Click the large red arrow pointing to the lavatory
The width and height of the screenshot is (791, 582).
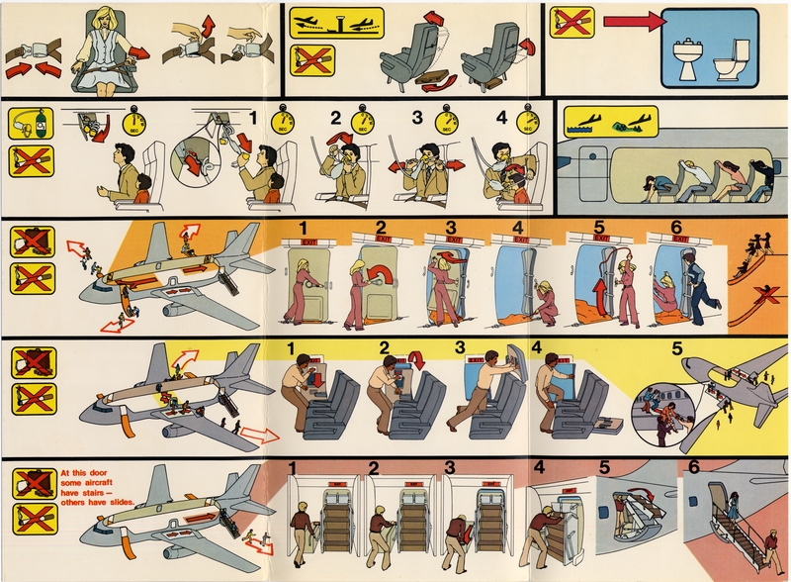(x=633, y=22)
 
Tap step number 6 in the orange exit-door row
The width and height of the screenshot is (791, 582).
(x=675, y=227)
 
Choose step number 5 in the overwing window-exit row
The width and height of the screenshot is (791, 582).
(x=676, y=349)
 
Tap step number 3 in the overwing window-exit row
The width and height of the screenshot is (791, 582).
(x=460, y=348)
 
